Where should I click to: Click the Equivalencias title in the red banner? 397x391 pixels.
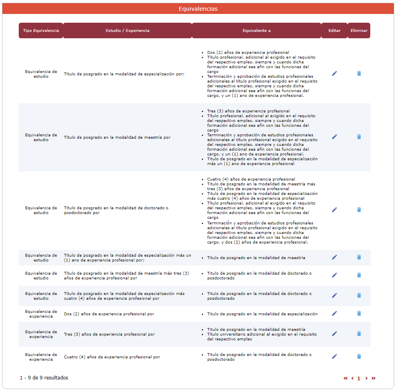[198, 9]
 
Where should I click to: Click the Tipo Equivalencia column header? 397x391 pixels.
[41, 31]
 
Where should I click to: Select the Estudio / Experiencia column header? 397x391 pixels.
[127, 31]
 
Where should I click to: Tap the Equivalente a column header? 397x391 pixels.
[257, 31]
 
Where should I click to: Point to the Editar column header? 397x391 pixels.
[334, 31]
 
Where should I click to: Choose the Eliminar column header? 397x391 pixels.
[359, 31]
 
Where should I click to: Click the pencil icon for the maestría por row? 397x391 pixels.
[334, 137]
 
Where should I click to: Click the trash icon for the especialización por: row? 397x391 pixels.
[359, 73]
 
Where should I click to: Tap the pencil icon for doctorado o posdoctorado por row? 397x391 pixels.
[334, 210]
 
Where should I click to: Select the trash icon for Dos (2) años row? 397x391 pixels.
[359, 314]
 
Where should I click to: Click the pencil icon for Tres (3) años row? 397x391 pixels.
[334, 334]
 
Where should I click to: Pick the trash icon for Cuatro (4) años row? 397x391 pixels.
[359, 356]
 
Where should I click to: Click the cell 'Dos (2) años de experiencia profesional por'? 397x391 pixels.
[109, 314]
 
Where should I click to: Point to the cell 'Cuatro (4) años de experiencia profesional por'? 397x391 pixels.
[112, 357]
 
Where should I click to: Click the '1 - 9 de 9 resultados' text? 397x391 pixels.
[44, 378]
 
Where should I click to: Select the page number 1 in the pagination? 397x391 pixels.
[359, 379]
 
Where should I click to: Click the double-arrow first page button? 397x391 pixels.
[346, 378]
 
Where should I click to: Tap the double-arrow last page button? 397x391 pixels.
[373, 378]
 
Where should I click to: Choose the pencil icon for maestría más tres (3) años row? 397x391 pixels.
[334, 275]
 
